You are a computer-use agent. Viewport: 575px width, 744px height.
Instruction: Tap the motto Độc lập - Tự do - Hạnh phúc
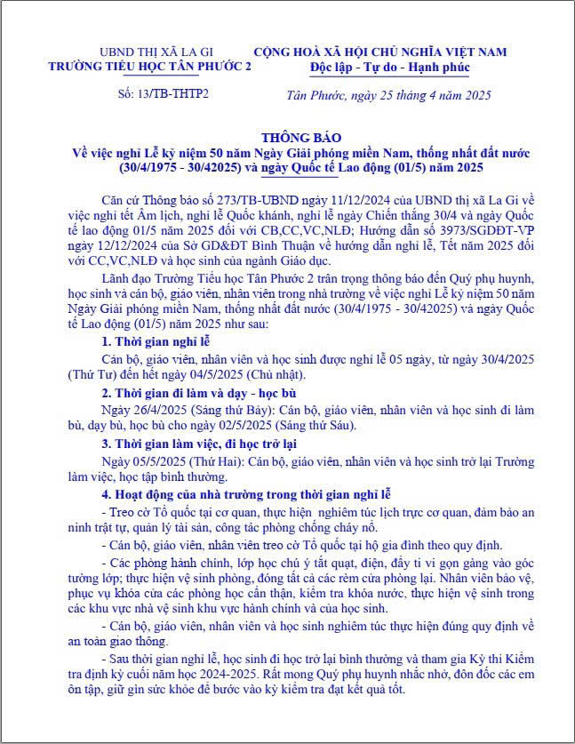point(389,67)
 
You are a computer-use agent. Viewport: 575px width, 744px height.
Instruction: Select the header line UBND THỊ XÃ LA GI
point(149,52)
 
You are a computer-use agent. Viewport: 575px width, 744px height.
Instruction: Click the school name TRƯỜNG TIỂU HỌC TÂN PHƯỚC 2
point(150,67)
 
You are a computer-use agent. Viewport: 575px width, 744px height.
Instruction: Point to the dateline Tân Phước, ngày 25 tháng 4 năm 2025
point(388,94)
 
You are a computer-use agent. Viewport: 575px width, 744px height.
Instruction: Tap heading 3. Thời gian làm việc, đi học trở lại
point(199,444)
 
